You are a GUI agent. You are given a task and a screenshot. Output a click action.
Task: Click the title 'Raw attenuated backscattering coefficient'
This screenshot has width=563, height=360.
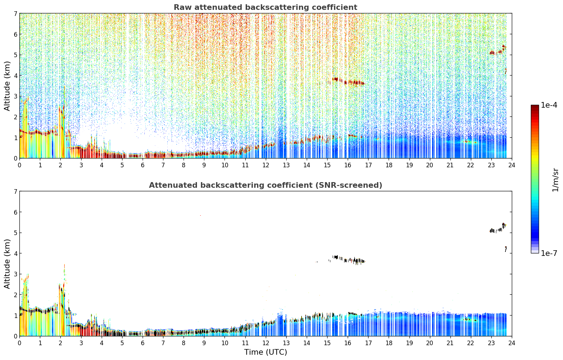click(265, 7)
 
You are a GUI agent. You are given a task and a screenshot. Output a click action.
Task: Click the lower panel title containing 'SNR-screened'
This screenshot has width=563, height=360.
click(265, 185)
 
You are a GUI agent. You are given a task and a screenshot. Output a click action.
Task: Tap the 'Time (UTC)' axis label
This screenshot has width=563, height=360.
click(265, 352)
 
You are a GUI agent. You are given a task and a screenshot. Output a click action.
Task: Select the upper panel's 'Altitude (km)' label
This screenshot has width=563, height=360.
click(7, 86)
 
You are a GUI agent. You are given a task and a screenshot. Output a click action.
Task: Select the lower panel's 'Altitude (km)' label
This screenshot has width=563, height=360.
click(7, 264)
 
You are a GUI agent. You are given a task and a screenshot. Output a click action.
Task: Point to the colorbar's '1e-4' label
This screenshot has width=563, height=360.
click(549, 105)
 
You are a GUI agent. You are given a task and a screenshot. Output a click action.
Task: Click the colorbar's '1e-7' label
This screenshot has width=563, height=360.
click(549, 253)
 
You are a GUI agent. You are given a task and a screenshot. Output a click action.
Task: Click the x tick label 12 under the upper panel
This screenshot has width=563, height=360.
click(266, 165)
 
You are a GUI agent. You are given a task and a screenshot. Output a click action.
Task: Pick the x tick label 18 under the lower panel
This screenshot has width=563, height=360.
click(389, 343)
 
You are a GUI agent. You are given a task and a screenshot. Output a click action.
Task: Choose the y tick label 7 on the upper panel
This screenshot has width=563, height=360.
click(15, 13)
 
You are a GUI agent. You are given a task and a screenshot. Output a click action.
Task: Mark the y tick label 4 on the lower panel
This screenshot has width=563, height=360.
click(15, 253)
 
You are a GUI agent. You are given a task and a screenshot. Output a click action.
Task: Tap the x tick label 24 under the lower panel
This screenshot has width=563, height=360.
click(512, 343)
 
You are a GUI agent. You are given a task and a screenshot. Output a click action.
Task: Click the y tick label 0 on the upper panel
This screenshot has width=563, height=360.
click(15, 158)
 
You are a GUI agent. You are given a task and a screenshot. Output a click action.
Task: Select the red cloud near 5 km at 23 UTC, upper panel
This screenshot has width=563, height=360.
click(498, 51)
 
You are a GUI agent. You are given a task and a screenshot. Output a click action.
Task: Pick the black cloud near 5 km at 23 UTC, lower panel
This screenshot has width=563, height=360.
click(498, 229)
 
